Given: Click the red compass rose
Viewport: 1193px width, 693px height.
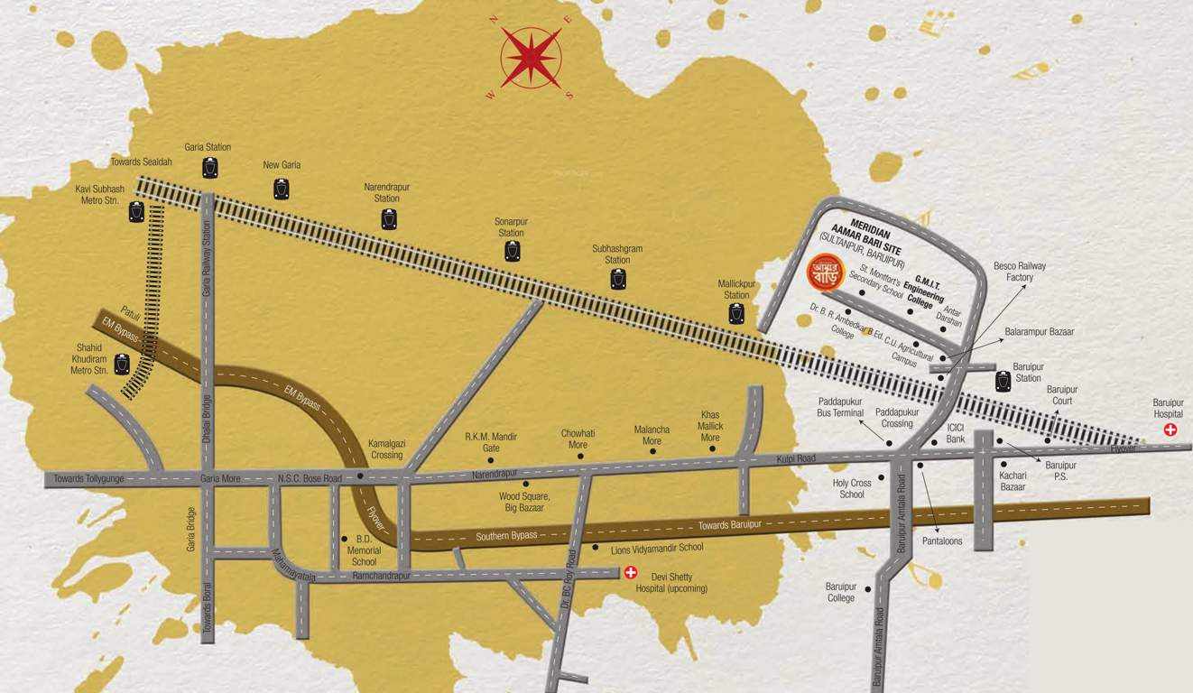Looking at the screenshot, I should [x=531, y=58].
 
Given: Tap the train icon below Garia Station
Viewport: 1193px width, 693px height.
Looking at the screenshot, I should [x=210, y=167].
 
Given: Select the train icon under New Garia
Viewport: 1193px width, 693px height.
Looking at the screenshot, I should [x=282, y=189].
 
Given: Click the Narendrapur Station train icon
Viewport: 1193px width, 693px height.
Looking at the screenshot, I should [x=389, y=218].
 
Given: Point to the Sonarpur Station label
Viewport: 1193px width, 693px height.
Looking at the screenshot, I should [x=511, y=226].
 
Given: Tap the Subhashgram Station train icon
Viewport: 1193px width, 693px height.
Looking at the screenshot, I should [x=618, y=279].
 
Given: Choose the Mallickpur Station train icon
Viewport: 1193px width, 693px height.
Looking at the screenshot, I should [x=736, y=313].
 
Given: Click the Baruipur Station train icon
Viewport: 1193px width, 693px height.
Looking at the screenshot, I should [x=1003, y=381].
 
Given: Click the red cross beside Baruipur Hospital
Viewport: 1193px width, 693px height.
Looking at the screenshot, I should [x=1170, y=430].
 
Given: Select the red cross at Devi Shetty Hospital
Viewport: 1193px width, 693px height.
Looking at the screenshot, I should [x=631, y=572].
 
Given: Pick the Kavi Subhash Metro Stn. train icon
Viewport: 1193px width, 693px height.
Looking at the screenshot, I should [x=136, y=212].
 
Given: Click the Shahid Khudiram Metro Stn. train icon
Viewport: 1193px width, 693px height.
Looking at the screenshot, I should [x=122, y=365].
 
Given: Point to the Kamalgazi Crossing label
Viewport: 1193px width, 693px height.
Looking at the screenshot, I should [x=385, y=449].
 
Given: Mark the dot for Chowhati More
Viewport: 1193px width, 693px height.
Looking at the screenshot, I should [x=580, y=457].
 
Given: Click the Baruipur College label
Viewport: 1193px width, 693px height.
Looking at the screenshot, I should [x=840, y=592].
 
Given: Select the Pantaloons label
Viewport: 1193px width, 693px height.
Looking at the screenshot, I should [x=942, y=541].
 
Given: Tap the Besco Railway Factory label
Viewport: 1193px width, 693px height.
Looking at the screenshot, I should [x=1019, y=272].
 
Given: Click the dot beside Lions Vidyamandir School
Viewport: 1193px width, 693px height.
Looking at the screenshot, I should [x=595, y=548].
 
